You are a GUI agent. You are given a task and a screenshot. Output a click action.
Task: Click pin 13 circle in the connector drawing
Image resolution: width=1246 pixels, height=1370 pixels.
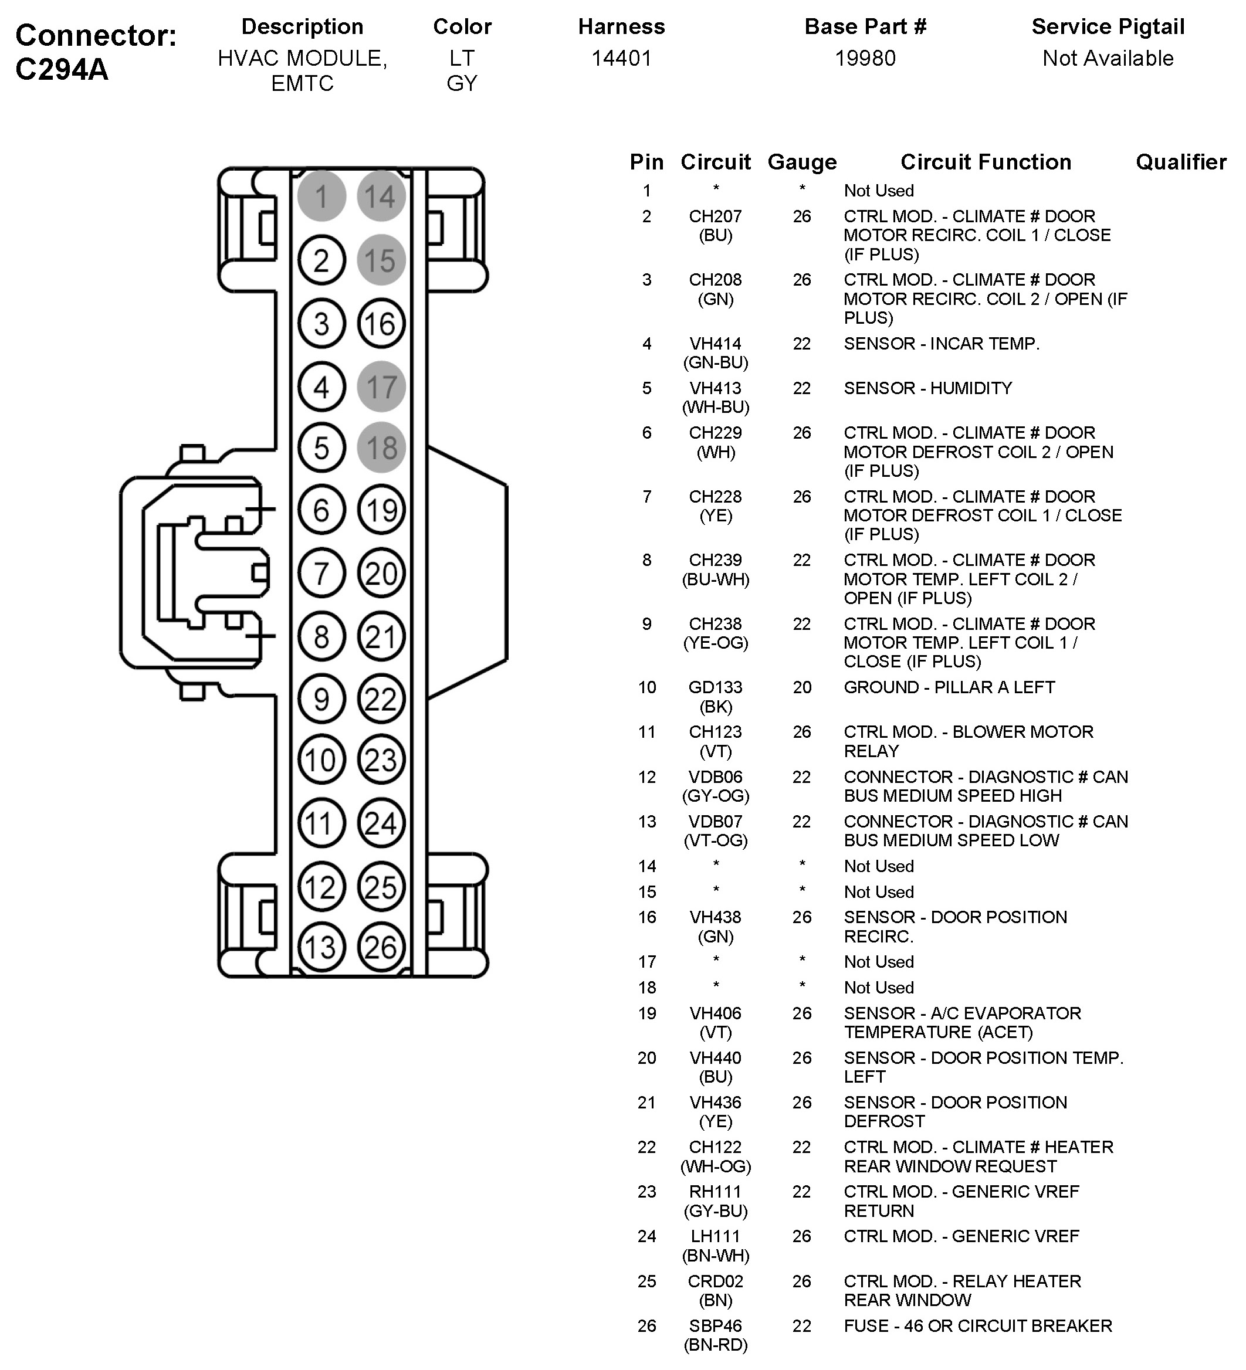click(x=321, y=947)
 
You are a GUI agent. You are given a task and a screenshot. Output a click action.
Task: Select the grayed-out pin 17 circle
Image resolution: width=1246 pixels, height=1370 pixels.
click(x=381, y=386)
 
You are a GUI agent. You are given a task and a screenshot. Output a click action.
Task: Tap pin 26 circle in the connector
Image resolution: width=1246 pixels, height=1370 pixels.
click(x=381, y=947)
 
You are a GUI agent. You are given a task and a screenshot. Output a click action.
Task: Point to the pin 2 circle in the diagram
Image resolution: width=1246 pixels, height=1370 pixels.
click(x=321, y=260)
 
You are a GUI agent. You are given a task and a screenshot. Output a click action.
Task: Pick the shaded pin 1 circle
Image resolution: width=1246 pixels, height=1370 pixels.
click(x=321, y=196)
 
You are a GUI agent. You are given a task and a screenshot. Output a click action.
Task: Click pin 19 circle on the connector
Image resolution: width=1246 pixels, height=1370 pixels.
click(x=381, y=510)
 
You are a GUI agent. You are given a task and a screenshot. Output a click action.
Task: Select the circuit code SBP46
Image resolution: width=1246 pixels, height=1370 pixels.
click(x=715, y=1326)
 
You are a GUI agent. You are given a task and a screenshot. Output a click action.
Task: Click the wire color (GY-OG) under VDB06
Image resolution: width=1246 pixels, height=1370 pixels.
click(x=715, y=796)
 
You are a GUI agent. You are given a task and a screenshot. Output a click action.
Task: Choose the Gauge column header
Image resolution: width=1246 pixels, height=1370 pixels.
click(x=802, y=162)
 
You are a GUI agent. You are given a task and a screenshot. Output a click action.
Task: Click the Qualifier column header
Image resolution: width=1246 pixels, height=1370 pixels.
click(x=1181, y=162)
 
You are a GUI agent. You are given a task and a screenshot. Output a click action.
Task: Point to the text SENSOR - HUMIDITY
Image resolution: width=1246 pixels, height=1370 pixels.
click(x=928, y=388)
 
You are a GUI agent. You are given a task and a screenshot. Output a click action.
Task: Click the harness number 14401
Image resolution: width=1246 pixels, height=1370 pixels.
click(x=621, y=59)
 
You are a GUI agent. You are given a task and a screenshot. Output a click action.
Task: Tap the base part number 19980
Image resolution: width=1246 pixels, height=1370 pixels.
click(x=865, y=59)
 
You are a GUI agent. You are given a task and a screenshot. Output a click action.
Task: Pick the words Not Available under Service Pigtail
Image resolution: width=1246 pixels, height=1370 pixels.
click(x=1108, y=59)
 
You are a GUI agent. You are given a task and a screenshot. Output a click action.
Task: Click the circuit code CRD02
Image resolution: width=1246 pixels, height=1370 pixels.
click(x=715, y=1281)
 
